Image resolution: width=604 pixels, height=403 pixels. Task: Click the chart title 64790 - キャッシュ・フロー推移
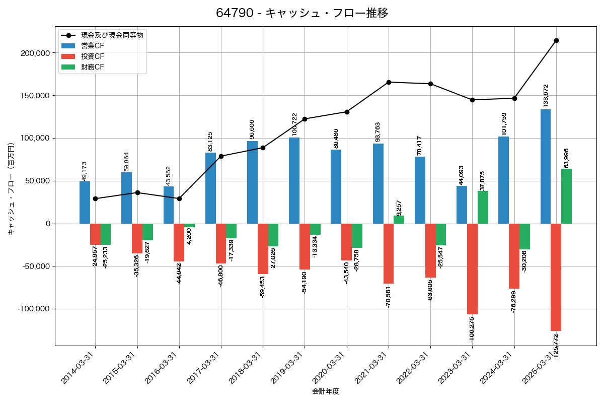(302, 13)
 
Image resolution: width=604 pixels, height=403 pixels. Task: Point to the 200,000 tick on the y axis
(34, 53)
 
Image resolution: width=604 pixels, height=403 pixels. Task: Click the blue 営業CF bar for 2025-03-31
(545, 166)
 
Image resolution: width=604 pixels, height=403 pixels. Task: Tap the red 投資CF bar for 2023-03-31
(472, 269)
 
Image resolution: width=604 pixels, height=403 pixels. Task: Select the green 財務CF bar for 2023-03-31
(483, 207)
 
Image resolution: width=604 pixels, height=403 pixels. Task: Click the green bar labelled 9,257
(399, 220)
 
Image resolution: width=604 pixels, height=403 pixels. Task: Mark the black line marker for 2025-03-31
(556, 40)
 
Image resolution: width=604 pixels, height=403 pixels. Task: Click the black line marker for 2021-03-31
(389, 82)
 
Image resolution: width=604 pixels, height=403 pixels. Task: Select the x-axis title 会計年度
(326, 391)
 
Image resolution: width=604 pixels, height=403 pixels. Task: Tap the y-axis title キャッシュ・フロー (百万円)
(11, 188)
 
